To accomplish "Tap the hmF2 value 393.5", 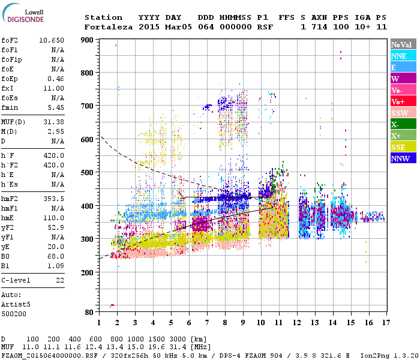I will [x=53, y=198].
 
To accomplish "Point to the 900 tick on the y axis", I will [x=87, y=40].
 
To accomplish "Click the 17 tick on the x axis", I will [x=385, y=323].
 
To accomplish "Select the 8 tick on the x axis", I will [x=225, y=323].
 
